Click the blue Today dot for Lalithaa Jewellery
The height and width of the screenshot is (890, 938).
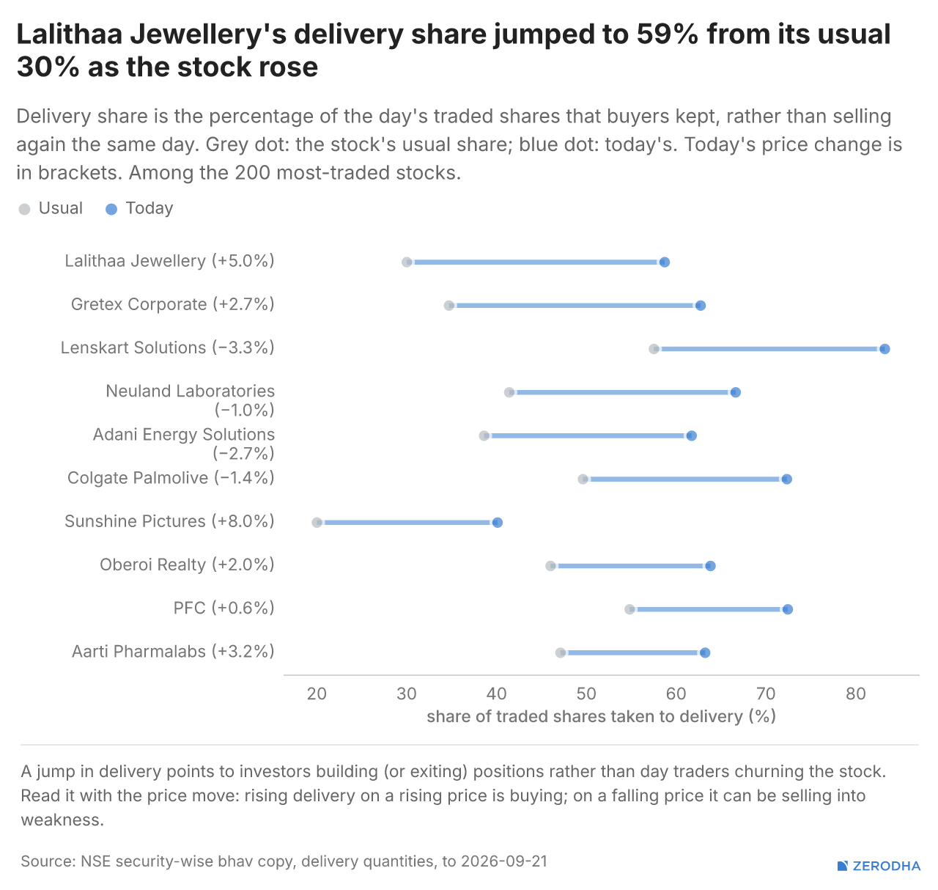(x=664, y=262)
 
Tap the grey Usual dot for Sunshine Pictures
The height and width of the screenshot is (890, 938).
(x=317, y=523)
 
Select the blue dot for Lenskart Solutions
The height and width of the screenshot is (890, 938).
(x=885, y=349)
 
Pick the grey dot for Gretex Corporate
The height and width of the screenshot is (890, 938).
(x=449, y=306)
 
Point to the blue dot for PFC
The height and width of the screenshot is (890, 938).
(x=788, y=609)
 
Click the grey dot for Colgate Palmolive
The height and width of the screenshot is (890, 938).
(x=583, y=479)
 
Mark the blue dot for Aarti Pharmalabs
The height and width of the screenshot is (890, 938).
(x=705, y=652)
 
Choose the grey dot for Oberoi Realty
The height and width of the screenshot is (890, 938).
(x=550, y=566)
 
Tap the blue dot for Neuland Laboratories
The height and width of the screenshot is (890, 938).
(x=736, y=392)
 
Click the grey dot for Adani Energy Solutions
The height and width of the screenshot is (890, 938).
(x=484, y=435)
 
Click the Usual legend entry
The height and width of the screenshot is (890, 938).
(x=51, y=208)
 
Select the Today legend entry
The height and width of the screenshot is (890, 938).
(x=139, y=208)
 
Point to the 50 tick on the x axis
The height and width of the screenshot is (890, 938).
(x=586, y=694)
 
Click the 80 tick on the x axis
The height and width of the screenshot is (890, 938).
(x=856, y=694)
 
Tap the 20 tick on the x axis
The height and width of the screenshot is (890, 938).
(x=317, y=694)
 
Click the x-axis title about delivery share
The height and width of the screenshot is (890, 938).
(x=601, y=717)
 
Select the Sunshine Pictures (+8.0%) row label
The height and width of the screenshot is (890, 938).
(x=169, y=521)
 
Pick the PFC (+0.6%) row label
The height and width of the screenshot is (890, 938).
(x=224, y=608)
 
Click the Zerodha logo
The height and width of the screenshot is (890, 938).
(x=879, y=866)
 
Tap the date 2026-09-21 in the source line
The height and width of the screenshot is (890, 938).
(x=504, y=861)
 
